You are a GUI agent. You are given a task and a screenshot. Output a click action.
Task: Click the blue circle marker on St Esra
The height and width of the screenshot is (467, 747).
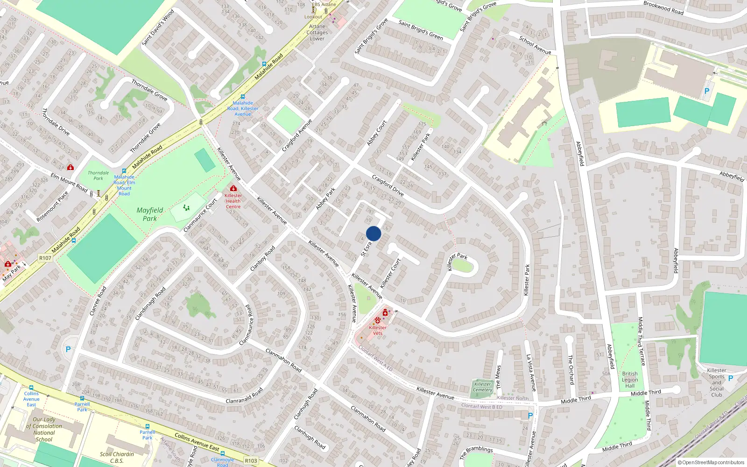(373, 233)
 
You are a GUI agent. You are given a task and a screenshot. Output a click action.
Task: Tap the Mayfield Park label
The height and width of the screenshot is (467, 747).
(150, 214)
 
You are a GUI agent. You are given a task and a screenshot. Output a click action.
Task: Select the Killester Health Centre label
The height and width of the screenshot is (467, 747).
(233, 201)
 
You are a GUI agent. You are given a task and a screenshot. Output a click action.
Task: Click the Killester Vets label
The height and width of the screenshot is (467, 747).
(378, 330)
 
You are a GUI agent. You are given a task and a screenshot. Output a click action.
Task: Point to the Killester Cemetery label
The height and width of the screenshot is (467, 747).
(482, 387)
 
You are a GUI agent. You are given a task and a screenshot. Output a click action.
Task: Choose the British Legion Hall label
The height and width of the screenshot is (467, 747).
(630, 380)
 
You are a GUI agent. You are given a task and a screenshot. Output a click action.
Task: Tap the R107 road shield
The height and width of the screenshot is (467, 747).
(45, 258)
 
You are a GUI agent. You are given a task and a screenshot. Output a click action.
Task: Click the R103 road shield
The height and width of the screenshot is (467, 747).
(251, 460)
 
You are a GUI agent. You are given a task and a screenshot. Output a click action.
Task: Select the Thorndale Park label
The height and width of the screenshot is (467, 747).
(98, 176)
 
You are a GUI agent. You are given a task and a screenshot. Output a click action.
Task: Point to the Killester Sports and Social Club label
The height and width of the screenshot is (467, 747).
(717, 382)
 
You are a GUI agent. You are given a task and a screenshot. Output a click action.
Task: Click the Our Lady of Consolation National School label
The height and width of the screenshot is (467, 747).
(44, 429)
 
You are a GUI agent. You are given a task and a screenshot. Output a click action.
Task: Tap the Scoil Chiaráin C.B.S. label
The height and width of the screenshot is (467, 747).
(117, 457)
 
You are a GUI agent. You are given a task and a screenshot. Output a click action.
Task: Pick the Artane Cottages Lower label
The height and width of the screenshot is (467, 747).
(317, 33)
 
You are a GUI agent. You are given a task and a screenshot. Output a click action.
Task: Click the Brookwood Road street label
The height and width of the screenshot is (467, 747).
(663, 8)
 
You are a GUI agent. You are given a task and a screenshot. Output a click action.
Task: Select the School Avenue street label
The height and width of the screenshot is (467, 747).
(535, 45)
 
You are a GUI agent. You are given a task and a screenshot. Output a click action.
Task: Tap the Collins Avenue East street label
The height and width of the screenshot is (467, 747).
(197, 442)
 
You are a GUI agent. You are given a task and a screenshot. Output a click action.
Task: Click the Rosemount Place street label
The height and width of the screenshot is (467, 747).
(52, 206)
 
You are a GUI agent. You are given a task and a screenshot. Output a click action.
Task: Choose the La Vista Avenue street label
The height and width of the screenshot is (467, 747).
(531, 372)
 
